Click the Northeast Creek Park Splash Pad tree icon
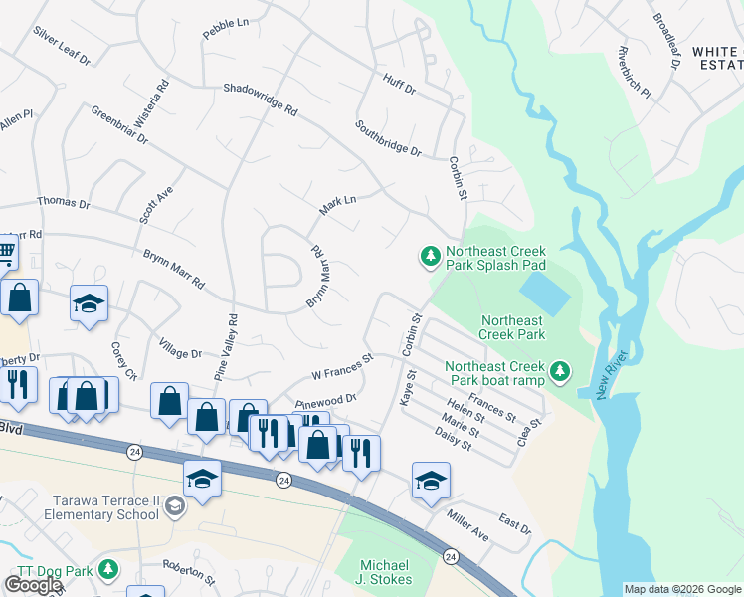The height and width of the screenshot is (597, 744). [x=431, y=258]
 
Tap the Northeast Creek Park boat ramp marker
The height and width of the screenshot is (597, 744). [x=561, y=372]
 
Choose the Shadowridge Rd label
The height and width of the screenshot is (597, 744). [x=261, y=98]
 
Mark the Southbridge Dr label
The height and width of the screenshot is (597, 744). [x=388, y=139]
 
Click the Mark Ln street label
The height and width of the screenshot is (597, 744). [x=337, y=206]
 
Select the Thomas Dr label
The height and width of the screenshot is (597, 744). [x=63, y=202]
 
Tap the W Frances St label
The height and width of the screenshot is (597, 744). [x=341, y=366]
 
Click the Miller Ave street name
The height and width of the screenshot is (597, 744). [x=467, y=528]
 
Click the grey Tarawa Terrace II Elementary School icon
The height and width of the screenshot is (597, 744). [x=175, y=506]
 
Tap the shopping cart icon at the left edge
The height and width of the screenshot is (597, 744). [x=6, y=252]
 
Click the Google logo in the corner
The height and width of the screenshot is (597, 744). [x=34, y=585]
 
